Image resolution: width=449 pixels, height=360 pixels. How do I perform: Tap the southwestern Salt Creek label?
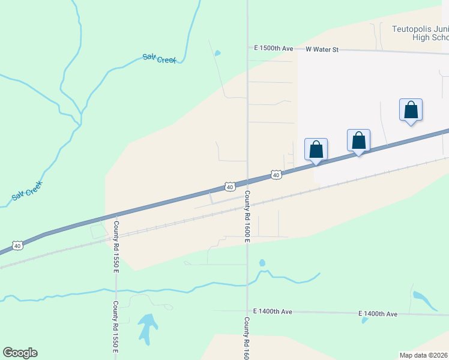(26, 192)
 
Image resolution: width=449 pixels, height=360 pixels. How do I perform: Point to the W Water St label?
(322, 49)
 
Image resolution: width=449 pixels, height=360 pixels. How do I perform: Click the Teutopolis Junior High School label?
(420, 32)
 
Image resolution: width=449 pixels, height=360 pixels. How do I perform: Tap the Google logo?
(20, 353)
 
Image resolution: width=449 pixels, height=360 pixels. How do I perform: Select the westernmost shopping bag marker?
(316, 149)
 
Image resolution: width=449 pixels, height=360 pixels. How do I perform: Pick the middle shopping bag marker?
(358, 140)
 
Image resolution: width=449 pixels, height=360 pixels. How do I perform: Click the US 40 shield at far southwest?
(18, 245)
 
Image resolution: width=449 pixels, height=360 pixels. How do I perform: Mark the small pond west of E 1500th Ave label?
(217, 53)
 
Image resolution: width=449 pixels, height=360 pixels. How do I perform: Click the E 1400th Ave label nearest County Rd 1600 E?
(273, 311)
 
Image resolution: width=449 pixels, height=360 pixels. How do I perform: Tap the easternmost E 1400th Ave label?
(378, 314)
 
